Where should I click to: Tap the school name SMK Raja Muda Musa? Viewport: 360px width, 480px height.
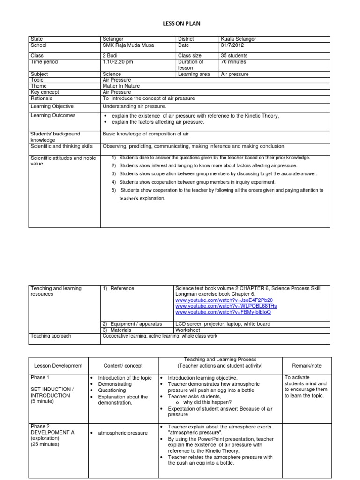(127, 45)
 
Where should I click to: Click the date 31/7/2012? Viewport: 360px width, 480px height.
(232, 45)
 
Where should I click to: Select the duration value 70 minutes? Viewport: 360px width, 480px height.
(233, 62)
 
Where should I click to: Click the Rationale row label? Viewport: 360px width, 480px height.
(41, 98)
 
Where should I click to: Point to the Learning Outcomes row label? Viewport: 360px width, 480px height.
(53, 115)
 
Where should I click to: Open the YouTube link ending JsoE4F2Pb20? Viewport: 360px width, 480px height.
(224, 300)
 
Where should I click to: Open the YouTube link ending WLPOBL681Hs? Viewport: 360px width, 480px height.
(226, 306)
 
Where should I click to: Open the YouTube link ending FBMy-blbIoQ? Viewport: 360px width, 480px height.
(223, 312)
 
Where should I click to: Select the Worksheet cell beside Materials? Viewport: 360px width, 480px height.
(187, 330)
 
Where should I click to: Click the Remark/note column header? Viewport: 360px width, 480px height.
(307, 365)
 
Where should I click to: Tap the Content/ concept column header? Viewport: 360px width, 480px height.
(123, 366)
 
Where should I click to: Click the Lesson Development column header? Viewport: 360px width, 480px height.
(58, 366)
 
